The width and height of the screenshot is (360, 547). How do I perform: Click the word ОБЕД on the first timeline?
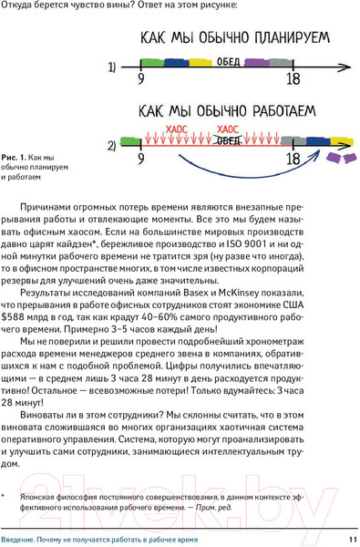(x=229, y=62)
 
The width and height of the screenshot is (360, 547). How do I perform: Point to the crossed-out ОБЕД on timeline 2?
(x=229, y=140)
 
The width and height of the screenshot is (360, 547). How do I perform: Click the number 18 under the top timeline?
(x=293, y=80)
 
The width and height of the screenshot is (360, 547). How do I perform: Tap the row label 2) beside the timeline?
(x=112, y=146)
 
